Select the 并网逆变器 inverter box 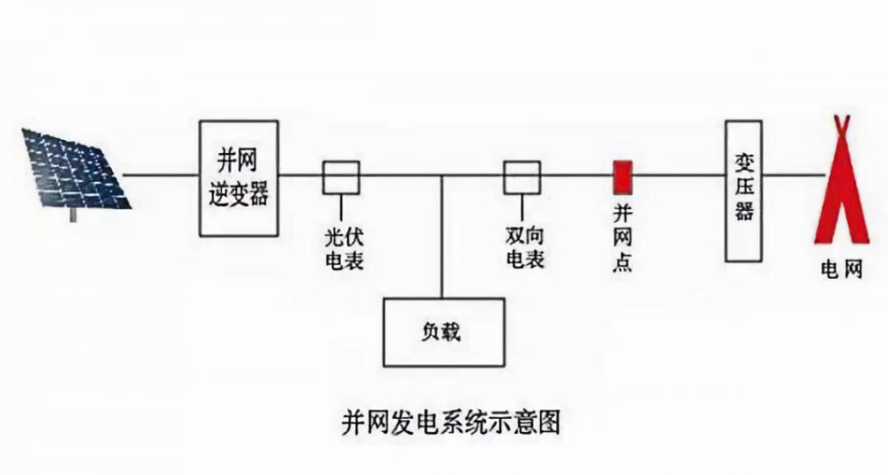(x=239, y=178)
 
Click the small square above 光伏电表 (x=340, y=177)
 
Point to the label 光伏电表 (x=345, y=249)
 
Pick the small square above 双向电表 (x=522, y=177)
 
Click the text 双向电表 (x=525, y=248)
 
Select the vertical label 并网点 (x=622, y=238)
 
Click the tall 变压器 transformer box (x=743, y=190)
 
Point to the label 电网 (x=842, y=269)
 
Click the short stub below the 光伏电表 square (x=341, y=204)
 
